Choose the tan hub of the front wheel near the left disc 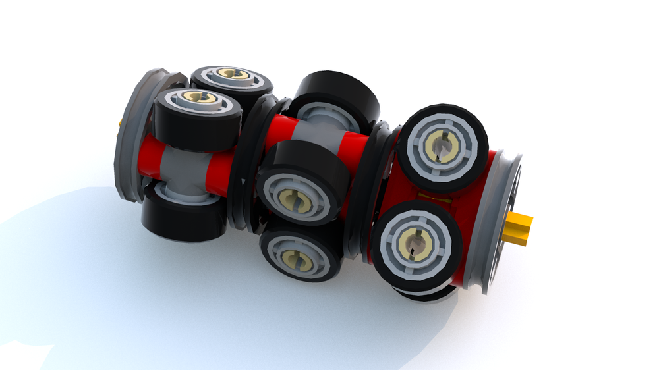[x=196, y=98]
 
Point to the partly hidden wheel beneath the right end [x=428, y=294]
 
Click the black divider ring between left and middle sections [x=246, y=165]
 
